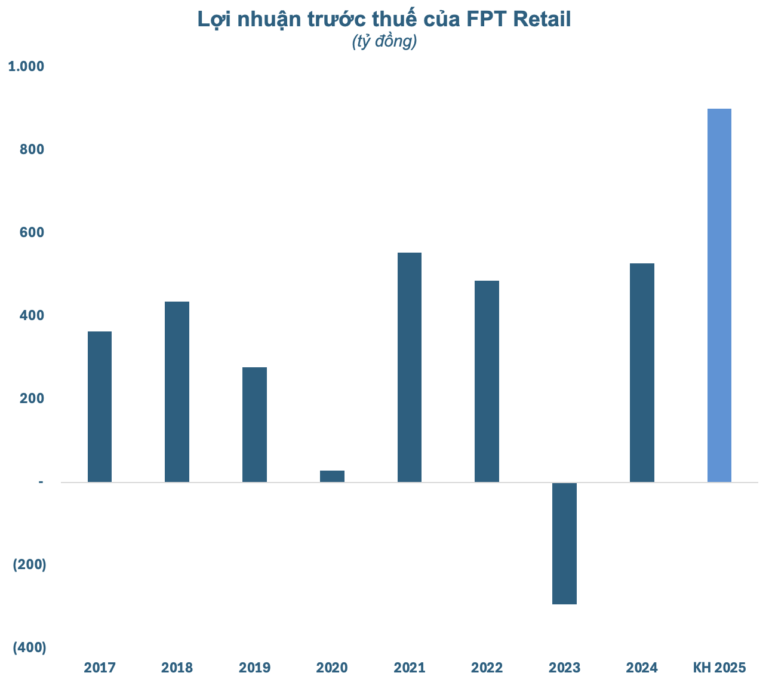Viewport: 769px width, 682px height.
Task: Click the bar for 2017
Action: point(99,407)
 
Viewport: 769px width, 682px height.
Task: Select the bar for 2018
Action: point(177,392)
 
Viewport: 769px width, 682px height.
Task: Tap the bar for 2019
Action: point(254,425)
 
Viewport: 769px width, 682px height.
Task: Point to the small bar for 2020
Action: point(332,476)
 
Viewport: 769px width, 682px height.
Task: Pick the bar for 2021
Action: point(410,367)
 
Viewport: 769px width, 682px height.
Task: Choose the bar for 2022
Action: point(487,381)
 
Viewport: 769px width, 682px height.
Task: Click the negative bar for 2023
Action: point(564,543)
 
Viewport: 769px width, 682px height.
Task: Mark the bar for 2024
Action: point(642,373)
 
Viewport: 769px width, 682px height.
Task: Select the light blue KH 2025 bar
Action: point(719,295)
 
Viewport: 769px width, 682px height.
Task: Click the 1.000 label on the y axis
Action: point(26,66)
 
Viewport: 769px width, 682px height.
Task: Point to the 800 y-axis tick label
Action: point(32,149)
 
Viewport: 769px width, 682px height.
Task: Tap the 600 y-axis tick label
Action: point(32,232)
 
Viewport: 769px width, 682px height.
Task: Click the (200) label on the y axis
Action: point(29,564)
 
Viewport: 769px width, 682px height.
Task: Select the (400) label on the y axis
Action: point(29,647)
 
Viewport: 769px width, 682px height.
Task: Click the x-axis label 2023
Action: point(564,667)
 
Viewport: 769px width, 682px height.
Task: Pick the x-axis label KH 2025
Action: point(719,667)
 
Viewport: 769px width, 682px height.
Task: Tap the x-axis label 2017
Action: point(100,667)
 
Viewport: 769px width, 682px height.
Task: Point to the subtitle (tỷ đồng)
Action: point(384,42)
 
